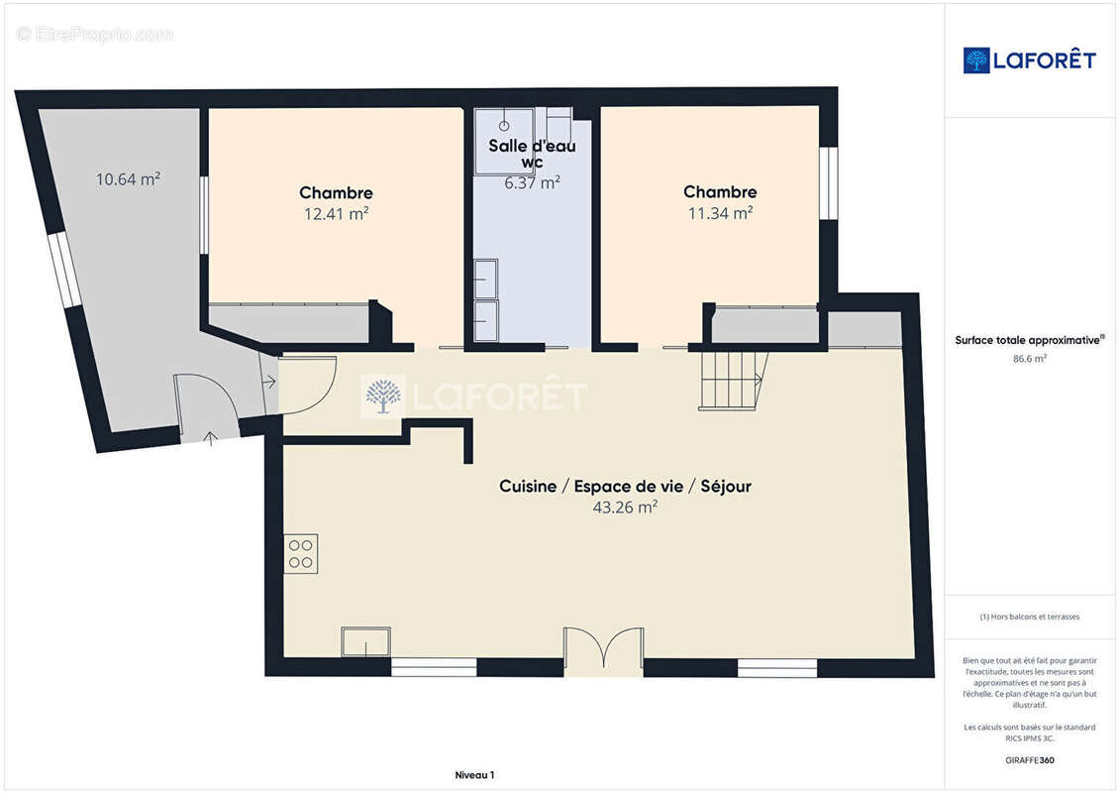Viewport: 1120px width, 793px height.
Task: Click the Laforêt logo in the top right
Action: (x=1029, y=60)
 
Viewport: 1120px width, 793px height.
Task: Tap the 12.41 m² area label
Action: (x=337, y=213)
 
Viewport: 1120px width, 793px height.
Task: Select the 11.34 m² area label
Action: (x=720, y=212)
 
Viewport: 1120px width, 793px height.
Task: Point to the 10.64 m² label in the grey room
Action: (x=128, y=178)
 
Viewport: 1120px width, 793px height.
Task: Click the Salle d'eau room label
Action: (x=532, y=146)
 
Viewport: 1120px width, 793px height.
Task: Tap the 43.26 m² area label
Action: (x=625, y=507)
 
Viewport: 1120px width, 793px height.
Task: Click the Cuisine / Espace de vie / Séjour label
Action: (x=625, y=487)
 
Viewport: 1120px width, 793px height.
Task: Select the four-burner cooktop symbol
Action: (x=301, y=554)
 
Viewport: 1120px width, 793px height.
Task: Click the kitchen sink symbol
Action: (x=365, y=641)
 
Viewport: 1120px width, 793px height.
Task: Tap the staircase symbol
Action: (x=733, y=381)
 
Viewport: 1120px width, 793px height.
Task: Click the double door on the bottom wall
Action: (x=603, y=649)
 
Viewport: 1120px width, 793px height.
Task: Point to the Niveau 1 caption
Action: (x=474, y=775)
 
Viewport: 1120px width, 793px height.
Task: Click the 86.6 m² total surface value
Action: (x=1029, y=358)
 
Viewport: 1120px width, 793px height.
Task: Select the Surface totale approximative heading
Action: (x=1029, y=340)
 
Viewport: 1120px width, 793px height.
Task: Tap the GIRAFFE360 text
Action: (x=1029, y=760)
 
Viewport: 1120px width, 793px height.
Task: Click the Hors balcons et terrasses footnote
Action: (x=1029, y=617)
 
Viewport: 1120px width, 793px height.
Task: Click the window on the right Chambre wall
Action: (x=828, y=182)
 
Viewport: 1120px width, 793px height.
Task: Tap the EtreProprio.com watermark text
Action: (x=94, y=34)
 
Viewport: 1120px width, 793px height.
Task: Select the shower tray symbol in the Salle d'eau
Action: (x=504, y=140)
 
